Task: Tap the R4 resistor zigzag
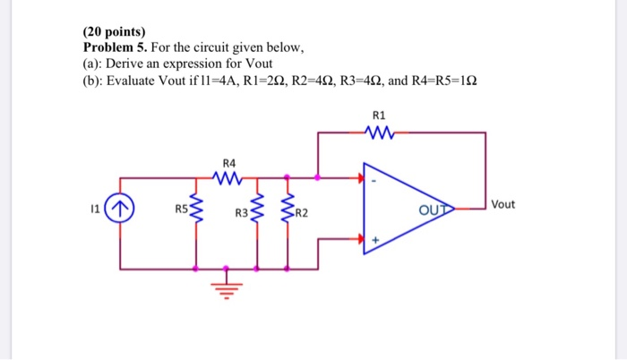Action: tap(228, 178)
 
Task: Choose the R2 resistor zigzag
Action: tap(288, 210)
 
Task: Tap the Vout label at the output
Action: tap(503, 204)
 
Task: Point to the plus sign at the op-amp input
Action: tap(377, 239)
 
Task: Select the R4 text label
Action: tap(228, 163)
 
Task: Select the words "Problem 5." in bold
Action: tap(118, 47)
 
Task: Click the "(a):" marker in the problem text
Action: tap(94, 63)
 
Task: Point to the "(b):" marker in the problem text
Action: tap(94, 79)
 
